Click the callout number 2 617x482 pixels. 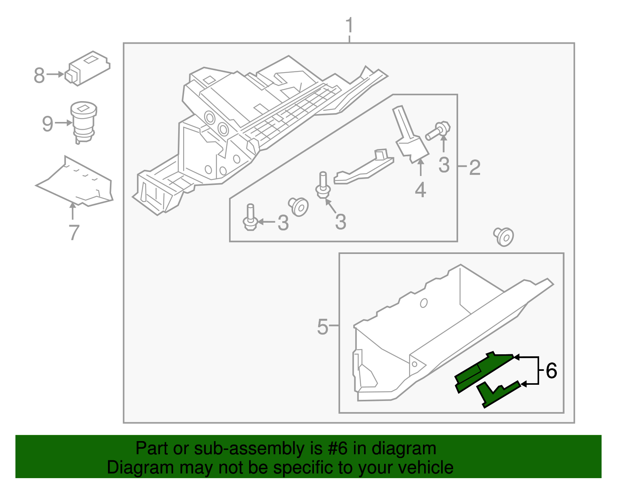(475, 167)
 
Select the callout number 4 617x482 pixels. (420, 190)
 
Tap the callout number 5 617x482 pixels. (322, 327)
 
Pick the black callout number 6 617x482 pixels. (551, 371)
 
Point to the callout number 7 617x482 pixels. (74, 232)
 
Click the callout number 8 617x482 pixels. (39, 75)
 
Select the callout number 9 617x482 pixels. (47, 124)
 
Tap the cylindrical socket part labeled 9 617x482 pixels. (83, 122)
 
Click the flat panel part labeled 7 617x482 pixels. (77, 183)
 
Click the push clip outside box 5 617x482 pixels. (504, 236)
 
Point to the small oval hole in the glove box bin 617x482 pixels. (423, 303)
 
